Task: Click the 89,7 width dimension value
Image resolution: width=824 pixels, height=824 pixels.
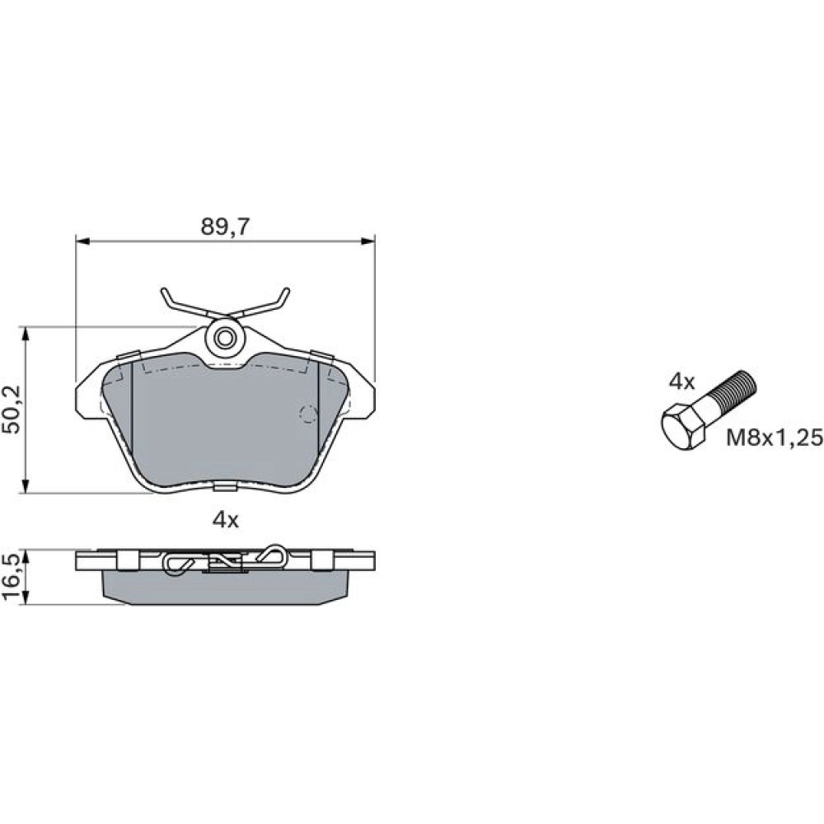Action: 226,227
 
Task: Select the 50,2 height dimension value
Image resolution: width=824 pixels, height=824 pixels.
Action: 11,410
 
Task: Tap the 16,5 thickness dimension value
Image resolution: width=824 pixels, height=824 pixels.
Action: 11,577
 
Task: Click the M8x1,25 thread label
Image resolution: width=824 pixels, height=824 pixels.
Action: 774,438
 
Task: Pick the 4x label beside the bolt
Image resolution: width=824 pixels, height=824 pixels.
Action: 681,382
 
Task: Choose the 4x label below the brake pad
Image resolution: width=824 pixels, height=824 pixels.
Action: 226,520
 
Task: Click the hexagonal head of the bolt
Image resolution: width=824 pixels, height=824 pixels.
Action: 682,426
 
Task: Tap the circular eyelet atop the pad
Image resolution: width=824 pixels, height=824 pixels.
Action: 225,338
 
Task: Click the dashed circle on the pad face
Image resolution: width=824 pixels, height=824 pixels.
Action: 308,414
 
